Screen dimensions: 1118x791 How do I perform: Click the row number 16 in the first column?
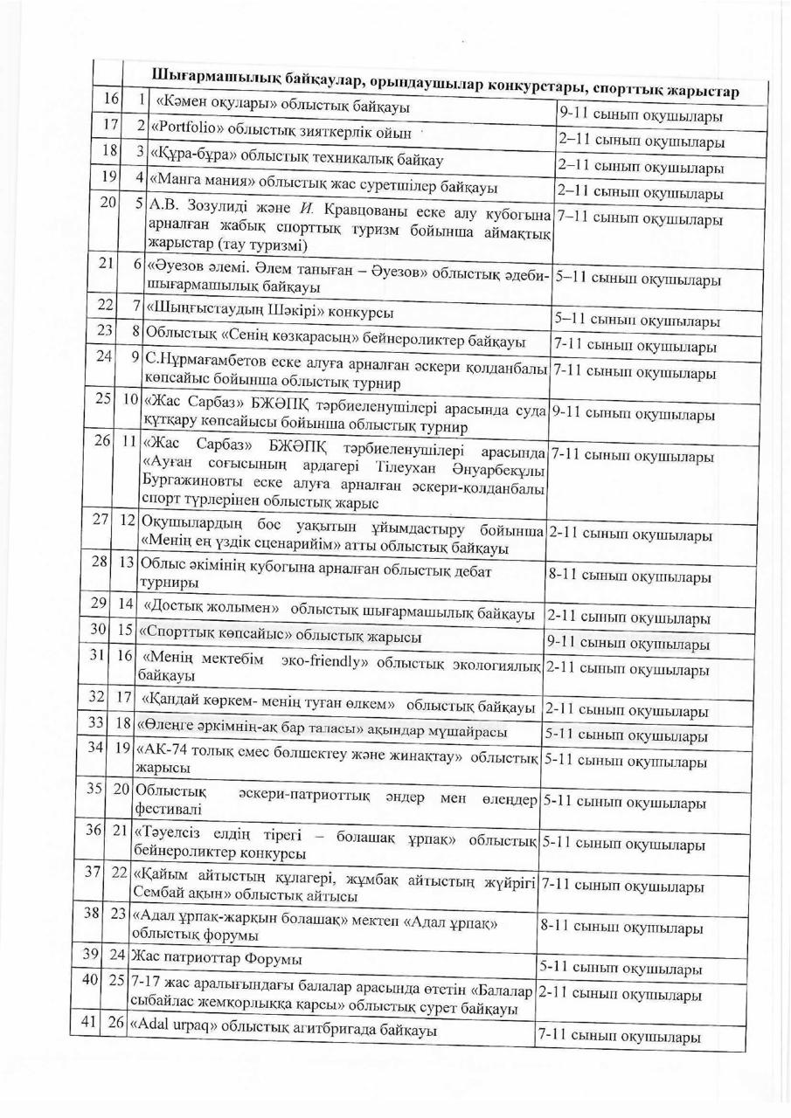coord(109,98)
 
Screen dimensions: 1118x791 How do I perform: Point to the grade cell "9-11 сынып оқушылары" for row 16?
coord(640,115)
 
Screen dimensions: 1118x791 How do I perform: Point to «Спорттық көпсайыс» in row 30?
coord(205,631)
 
